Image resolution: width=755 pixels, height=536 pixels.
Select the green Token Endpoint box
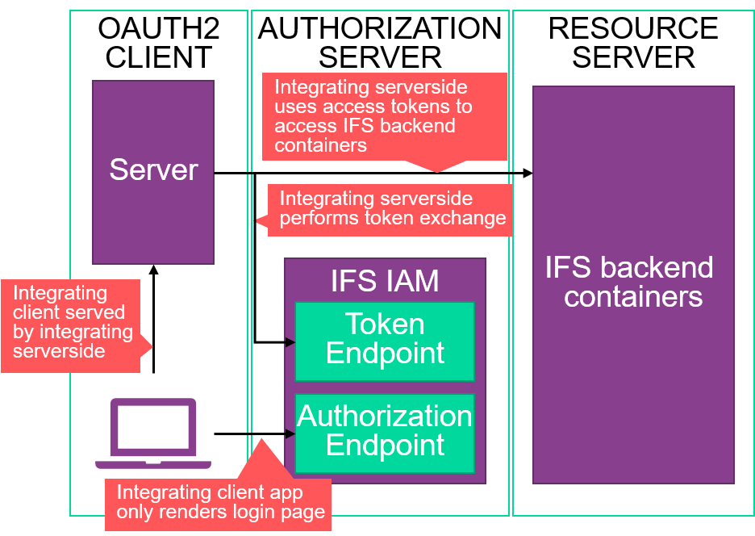pos(385,341)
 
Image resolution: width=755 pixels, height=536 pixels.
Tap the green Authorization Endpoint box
pos(385,432)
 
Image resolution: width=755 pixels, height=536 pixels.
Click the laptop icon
pos(153,433)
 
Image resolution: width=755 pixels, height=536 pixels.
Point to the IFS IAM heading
pos(385,281)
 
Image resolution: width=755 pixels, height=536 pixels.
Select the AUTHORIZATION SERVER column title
pos(380,43)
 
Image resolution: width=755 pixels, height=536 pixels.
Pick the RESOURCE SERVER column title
pos(633,43)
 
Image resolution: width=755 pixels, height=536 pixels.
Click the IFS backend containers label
pos(629,282)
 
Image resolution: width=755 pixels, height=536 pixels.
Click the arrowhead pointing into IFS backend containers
pos(528,173)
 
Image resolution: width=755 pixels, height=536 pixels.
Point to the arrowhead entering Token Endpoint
pos(290,342)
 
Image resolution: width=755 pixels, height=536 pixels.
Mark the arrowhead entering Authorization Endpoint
pos(290,433)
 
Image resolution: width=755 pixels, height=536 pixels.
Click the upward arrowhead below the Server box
pos(153,270)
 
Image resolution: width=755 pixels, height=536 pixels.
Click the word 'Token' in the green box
pos(385,325)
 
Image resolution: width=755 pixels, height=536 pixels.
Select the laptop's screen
pos(153,426)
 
